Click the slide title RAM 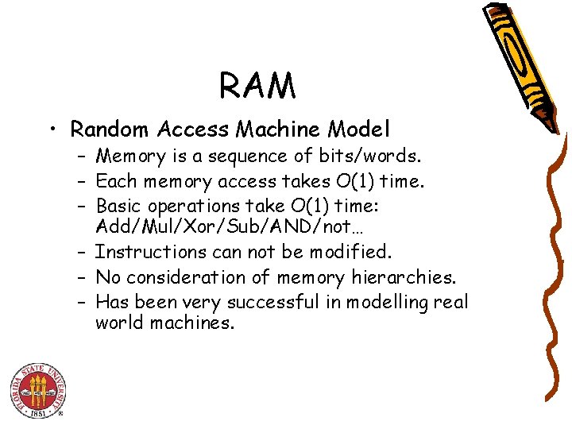pos(257,86)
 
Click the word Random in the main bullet pos(111,128)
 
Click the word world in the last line pos(119,323)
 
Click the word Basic pos(118,207)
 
